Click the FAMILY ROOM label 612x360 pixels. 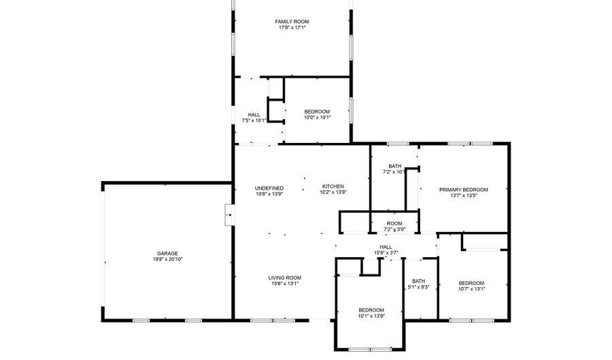292,22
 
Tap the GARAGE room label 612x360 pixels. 167,253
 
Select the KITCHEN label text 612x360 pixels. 333,186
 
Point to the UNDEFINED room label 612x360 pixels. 269,189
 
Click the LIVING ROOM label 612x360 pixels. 285,278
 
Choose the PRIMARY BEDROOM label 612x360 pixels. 464,190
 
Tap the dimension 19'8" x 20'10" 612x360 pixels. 167,259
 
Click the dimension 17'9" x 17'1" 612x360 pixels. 292,28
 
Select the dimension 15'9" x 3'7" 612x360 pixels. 386,253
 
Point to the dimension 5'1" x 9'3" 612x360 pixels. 418,287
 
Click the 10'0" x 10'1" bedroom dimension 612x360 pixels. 318,118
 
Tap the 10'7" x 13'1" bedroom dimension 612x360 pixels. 472,289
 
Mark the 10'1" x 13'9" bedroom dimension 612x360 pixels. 371,316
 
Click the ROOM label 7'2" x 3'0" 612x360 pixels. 394,224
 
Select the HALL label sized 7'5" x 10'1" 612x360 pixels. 254,115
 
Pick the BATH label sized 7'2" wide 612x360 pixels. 395,166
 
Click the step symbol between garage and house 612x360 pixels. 230,215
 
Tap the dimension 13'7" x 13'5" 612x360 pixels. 464,195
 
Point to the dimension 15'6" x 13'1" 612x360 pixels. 285,284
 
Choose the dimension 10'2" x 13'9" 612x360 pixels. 333,193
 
